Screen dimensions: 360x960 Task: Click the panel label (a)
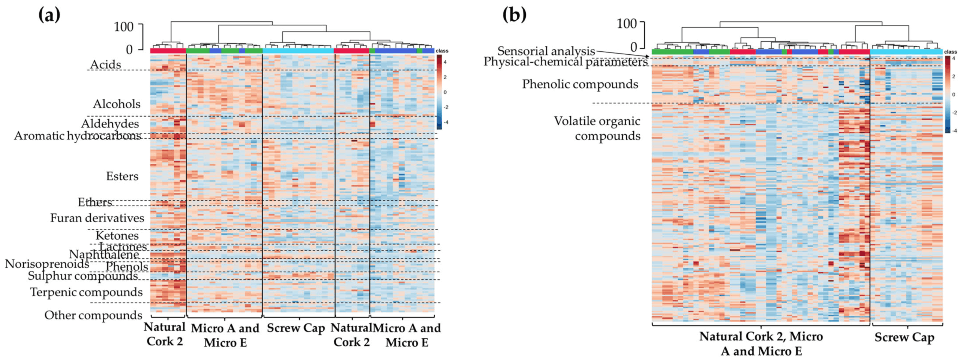(x=49, y=15)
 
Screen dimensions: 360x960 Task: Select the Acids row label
(x=105, y=64)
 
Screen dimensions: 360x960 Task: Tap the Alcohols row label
(x=117, y=104)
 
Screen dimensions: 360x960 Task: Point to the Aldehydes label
(x=110, y=124)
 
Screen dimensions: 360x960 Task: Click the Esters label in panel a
(x=122, y=176)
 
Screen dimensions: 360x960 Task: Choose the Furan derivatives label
(x=97, y=218)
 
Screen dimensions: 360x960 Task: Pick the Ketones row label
(x=117, y=235)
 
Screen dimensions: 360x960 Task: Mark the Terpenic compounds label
(x=86, y=292)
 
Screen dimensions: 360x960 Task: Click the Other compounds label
(x=93, y=315)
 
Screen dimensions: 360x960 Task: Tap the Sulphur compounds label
(x=83, y=276)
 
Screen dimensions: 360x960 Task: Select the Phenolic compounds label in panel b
(x=580, y=84)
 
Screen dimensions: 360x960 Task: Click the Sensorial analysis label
(x=546, y=51)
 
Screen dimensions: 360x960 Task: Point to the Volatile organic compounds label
(x=597, y=128)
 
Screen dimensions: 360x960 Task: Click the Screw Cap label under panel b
(x=904, y=337)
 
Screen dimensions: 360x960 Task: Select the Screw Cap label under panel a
(x=296, y=328)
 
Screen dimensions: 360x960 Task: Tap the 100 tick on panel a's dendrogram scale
(x=124, y=27)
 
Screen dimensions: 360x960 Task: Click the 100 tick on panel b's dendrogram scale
(x=627, y=24)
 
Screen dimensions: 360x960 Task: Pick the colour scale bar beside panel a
(x=439, y=92)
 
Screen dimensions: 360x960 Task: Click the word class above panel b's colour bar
(x=950, y=52)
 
